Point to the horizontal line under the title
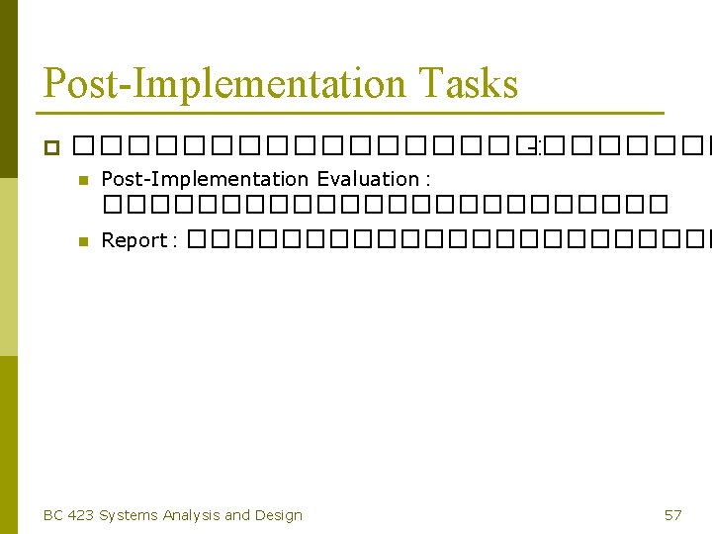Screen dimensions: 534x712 [353, 112]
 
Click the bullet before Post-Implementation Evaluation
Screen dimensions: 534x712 [83, 180]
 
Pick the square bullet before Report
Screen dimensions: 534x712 [83, 240]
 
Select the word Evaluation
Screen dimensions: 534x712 [367, 179]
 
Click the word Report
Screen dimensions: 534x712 [133, 240]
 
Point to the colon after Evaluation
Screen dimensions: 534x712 [426, 181]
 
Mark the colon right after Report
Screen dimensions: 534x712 [173, 242]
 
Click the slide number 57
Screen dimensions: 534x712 [672, 514]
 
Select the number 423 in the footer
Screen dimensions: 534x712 [81, 514]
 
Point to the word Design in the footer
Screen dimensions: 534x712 [279, 514]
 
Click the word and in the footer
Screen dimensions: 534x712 [237, 514]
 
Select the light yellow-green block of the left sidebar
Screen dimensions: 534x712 [9, 267]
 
